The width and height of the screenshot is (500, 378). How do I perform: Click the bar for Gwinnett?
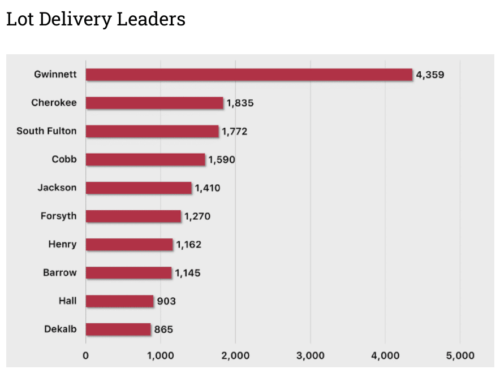(x=249, y=75)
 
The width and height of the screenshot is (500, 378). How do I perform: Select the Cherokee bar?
(x=154, y=103)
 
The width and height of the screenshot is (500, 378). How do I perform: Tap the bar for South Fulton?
(x=152, y=131)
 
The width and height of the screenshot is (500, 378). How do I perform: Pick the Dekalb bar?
(x=118, y=329)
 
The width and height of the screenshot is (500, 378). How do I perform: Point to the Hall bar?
(x=119, y=301)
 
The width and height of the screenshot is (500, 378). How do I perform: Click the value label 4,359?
(x=430, y=75)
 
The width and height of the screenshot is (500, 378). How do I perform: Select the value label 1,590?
(x=222, y=160)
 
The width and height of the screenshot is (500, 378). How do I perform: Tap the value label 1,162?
(x=188, y=245)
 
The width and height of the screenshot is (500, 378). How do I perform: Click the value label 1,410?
(x=208, y=188)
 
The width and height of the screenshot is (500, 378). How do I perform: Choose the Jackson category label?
(x=57, y=188)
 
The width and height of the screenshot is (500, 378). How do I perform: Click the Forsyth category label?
(x=58, y=216)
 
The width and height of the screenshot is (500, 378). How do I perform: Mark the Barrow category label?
(x=59, y=272)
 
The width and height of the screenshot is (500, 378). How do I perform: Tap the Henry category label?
(x=62, y=244)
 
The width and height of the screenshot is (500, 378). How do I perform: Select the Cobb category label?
(x=64, y=159)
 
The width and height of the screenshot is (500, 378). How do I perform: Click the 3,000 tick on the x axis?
(x=310, y=356)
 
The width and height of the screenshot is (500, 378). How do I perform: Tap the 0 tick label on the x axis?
(x=86, y=356)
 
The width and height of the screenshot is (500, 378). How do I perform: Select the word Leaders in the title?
(x=151, y=20)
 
